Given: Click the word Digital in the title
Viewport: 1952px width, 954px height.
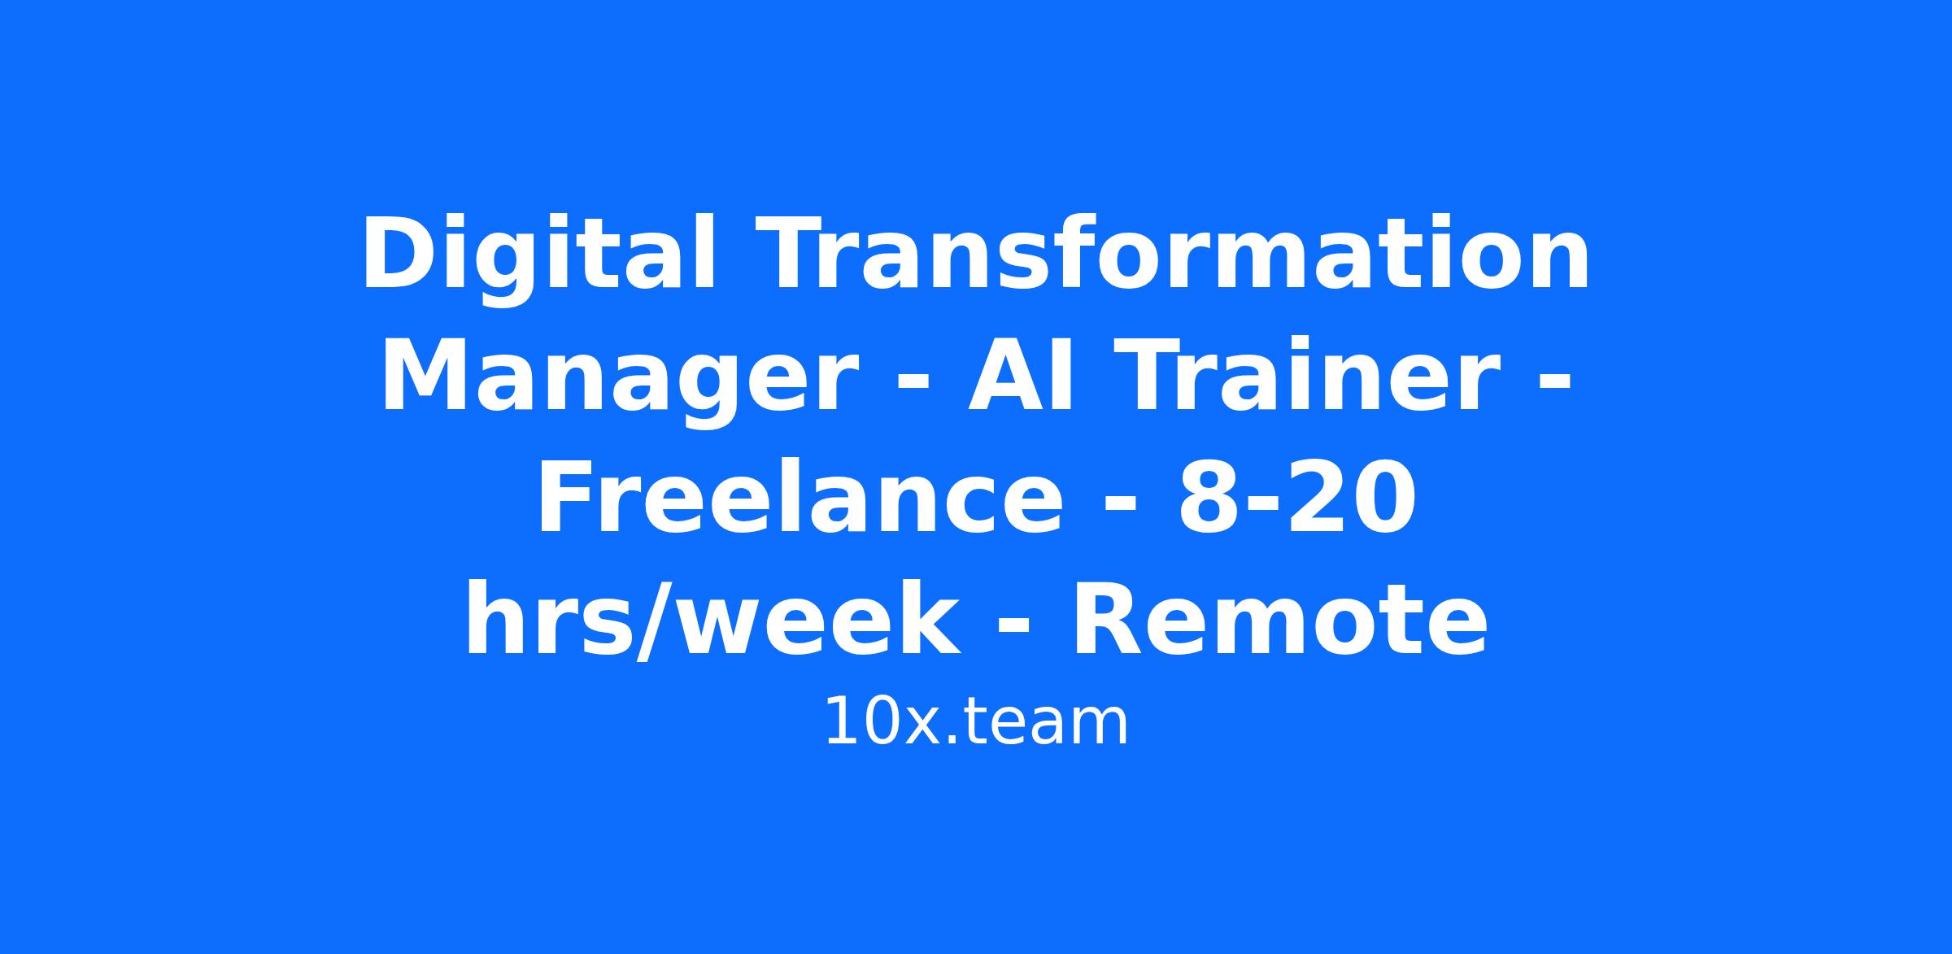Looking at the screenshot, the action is pyautogui.click(x=538, y=255).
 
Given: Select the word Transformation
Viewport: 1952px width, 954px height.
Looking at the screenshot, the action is pyautogui.click(x=1172, y=253).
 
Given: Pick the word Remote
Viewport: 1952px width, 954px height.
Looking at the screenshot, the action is pyautogui.click(x=1279, y=619).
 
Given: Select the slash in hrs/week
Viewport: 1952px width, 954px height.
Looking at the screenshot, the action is pyautogui.click(x=656, y=620).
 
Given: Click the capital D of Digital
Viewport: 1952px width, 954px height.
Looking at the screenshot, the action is pyautogui.click(x=399, y=253).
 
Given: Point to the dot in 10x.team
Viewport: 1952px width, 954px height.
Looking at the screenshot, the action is pyautogui.click(x=951, y=739).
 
